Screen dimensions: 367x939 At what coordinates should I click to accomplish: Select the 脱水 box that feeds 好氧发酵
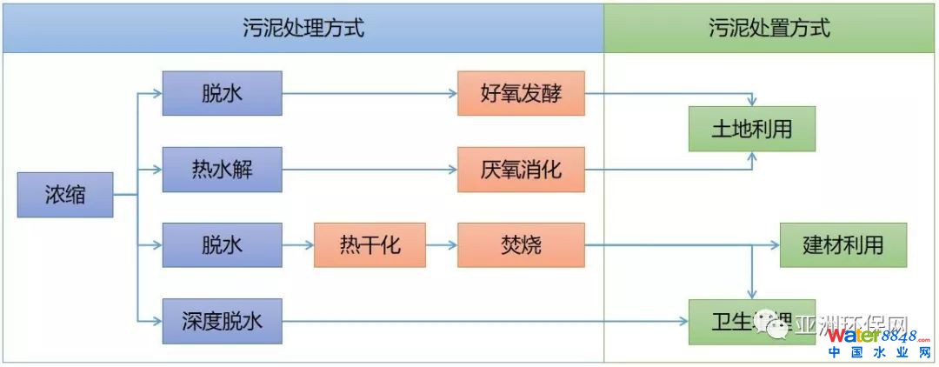pos(222,93)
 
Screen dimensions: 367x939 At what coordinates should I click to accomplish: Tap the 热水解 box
pos(222,169)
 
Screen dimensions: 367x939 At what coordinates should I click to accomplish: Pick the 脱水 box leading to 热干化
pos(222,244)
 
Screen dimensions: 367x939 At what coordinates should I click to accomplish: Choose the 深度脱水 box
pos(222,321)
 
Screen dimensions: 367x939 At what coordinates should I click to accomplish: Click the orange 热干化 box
pos(370,244)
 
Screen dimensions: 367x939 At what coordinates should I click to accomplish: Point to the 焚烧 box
pos(521,244)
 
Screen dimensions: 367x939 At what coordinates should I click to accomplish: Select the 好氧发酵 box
pos(521,93)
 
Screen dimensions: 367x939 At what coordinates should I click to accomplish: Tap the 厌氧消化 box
pos(521,169)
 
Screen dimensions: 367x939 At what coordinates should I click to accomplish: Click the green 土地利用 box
pos(752,129)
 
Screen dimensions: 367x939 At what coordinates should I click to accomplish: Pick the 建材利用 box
pos(842,244)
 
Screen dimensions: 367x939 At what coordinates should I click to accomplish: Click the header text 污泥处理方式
pos(303,28)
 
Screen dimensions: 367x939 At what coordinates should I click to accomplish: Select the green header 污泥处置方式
pos(769,28)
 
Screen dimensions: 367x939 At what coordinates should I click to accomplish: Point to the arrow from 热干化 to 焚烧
pos(442,244)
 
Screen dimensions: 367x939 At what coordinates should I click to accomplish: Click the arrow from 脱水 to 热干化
pos(298,244)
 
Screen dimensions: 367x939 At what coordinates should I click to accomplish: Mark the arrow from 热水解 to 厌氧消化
pos(370,169)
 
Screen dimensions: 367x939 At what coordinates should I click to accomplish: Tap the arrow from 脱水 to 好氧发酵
pos(370,93)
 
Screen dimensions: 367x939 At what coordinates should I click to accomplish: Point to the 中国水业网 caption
pos(871,353)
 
